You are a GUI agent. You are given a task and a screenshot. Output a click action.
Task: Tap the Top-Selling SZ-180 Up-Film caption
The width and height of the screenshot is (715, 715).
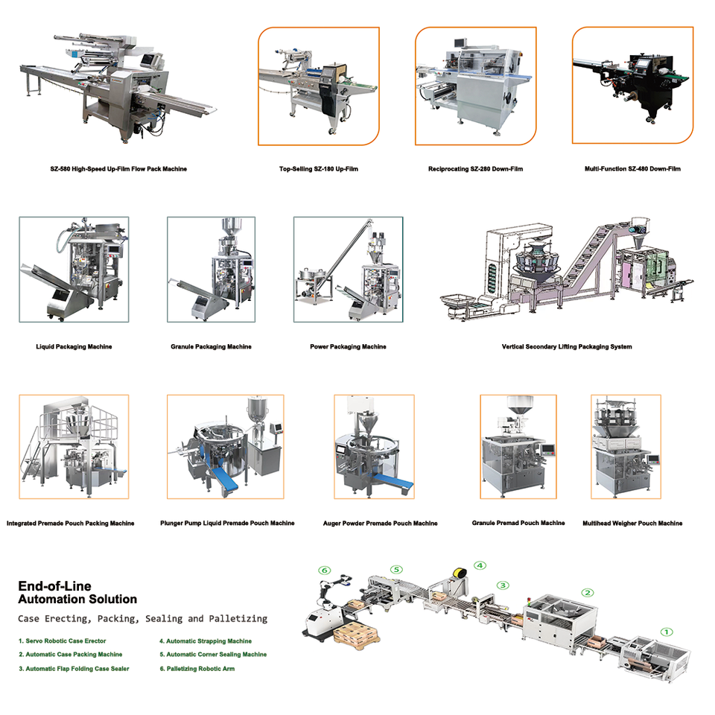(x=318, y=169)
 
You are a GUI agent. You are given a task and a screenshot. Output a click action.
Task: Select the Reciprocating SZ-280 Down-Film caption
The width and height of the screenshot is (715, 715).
(x=475, y=169)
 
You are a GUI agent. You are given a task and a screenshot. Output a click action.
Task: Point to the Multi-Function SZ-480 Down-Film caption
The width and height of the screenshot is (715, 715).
(x=632, y=169)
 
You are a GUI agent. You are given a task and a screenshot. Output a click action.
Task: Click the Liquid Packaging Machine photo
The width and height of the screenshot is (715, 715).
(x=74, y=270)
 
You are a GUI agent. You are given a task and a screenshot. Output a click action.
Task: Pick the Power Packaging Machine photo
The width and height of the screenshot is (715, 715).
(x=348, y=270)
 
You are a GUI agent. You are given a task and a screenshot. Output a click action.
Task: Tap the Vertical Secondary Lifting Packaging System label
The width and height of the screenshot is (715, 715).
(x=567, y=346)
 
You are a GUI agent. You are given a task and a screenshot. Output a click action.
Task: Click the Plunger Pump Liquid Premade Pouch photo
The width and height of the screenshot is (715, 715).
(x=225, y=447)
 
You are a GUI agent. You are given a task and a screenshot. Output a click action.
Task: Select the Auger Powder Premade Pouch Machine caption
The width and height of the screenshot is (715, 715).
(x=380, y=524)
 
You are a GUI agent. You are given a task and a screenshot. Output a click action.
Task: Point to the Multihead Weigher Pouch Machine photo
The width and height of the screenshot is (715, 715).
(x=626, y=447)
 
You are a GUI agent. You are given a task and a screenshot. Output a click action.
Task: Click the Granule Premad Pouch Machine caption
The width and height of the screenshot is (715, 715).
(x=518, y=523)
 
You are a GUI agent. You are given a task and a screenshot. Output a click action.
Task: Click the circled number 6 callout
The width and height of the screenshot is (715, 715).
(x=324, y=571)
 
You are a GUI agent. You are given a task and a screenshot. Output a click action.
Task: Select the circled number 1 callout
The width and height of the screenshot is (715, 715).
(x=667, y=632)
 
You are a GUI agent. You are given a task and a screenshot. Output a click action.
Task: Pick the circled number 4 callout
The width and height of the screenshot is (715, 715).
(x=480, y=565)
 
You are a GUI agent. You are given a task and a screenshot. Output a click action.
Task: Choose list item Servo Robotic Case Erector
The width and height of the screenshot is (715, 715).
(x=63, y=641)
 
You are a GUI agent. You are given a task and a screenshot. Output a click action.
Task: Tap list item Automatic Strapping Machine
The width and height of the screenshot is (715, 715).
(x=205, y=641)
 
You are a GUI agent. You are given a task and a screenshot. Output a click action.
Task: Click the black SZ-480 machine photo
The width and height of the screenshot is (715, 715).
(x=632, y=85)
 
